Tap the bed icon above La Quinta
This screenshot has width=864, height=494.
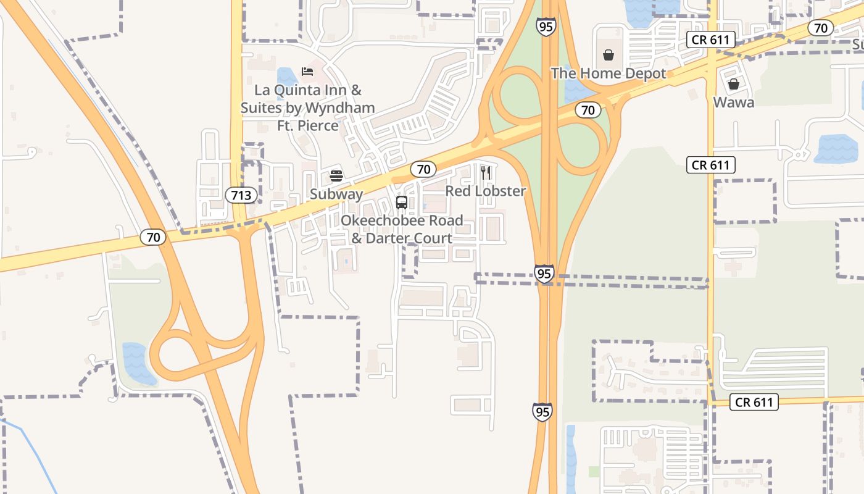click(307, 72)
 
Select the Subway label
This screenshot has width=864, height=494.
click(336, 194)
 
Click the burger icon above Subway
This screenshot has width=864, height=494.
click(336, 176)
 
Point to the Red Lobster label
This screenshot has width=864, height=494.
click(486, 191)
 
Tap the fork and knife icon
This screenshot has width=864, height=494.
click(486, 173)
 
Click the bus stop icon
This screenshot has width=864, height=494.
click(402, 203)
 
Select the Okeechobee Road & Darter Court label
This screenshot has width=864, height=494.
click(402, 229)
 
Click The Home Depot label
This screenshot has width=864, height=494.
click(609, 73)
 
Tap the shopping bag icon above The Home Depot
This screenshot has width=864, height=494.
click(609, 56)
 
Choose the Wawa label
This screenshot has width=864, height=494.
click(734, 102)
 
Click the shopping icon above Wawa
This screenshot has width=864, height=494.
click(734, 84)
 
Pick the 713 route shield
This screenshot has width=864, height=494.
click(241, 196)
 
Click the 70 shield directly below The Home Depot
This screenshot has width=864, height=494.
click(588, 111)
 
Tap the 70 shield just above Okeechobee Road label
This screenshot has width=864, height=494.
click(423, 169)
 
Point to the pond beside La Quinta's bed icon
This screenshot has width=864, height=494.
click(287, 78)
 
